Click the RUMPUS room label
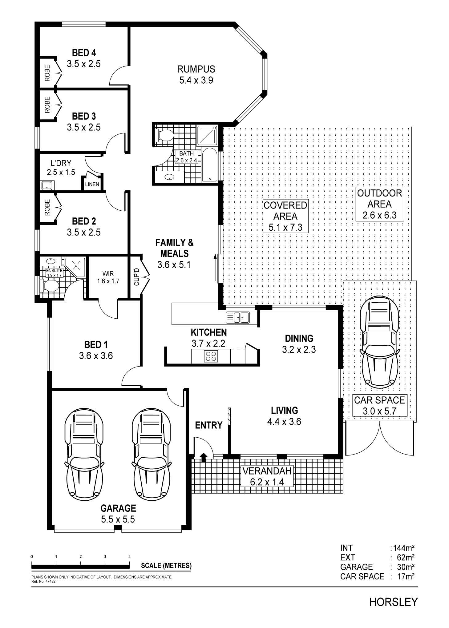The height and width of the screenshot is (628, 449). tap(196, 69)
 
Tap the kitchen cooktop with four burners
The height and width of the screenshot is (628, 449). tap(211, 356)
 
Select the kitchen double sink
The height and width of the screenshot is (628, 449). tap(238, 317)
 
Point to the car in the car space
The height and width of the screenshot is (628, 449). tap(380, 342)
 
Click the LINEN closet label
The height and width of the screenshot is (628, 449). tap(92, 184)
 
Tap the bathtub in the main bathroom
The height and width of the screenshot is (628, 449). tap(209, 165)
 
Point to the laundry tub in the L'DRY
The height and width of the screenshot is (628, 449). tap(47, 185)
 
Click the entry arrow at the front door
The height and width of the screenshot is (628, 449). tap(203, 457)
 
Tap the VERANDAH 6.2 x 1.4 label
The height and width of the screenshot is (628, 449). tap(267, 476)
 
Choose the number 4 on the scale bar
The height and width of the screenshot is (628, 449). tap(130, 557)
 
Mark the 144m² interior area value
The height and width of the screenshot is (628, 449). tap(402, 548)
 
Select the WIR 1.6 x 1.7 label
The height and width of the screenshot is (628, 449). tap(108, 277)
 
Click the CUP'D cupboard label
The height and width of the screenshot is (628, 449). tap(137, 277)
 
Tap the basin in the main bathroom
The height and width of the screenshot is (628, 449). tap(169, 177)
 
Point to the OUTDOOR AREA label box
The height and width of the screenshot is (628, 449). tap(379, 204)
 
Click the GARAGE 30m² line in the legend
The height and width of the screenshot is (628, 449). tap(377, 567)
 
